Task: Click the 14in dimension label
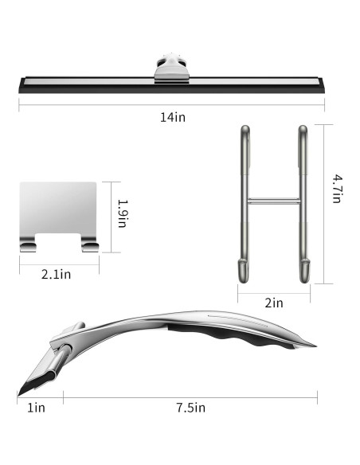(x=173, y=117)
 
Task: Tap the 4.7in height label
(x=337, y=189)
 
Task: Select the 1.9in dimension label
(x=123, y=213)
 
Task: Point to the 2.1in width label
(x=57, y=275)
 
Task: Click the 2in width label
(x=274, y=303)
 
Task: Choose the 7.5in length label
(x=191, y=408)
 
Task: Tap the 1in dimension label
(x=36, y=408)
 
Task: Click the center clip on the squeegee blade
(x=172, y=68)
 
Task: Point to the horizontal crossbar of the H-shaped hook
(x=274, y=201)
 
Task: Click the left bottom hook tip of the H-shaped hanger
(x=243, y=271)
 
